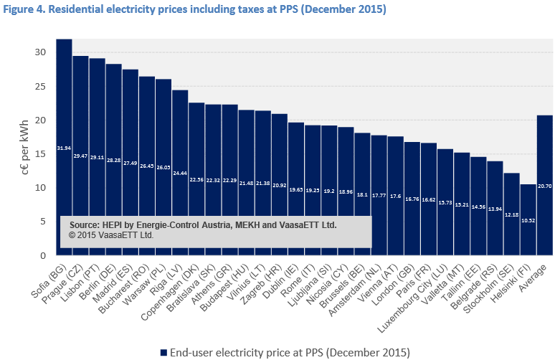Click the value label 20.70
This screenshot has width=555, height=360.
[544, 184]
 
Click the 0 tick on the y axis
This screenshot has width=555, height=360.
[42, 255]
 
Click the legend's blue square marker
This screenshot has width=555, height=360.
[163, 352]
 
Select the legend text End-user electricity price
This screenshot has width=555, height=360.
[237, 352]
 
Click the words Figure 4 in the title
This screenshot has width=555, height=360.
[25, 10]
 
